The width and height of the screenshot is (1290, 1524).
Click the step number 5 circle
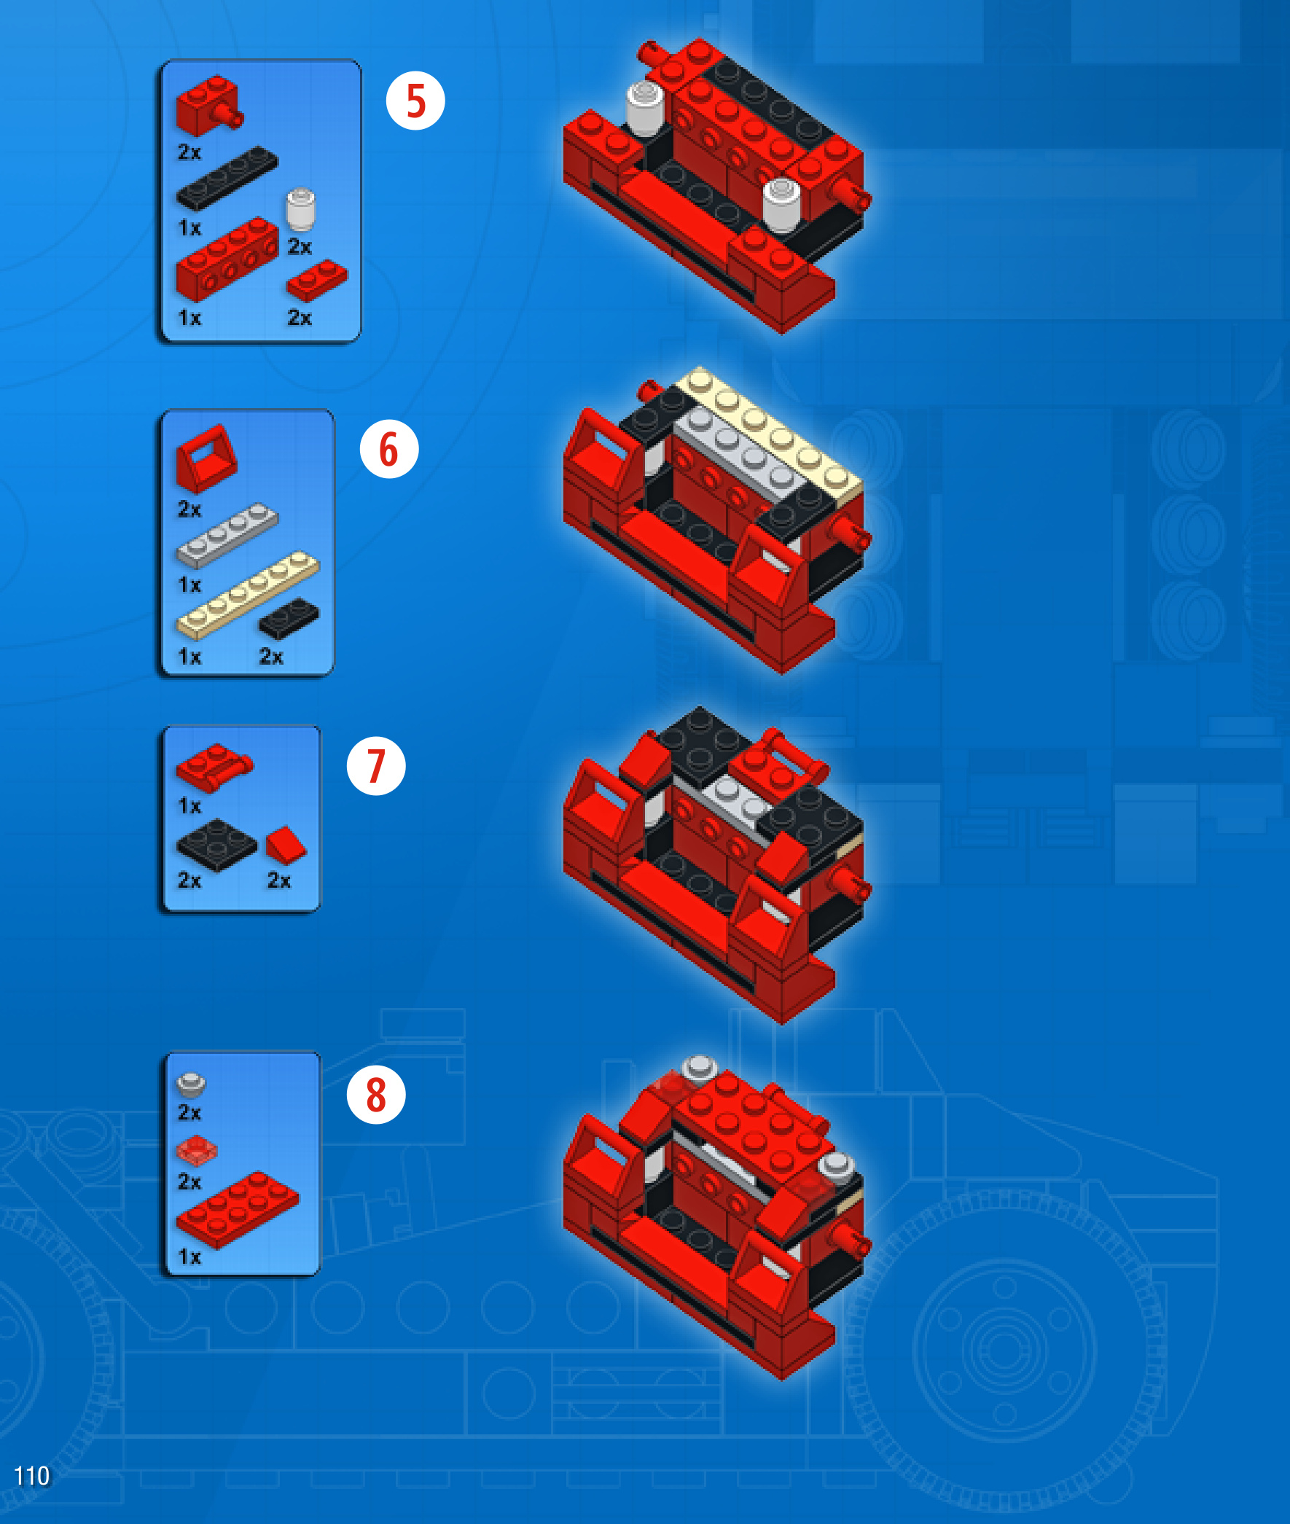click(415, 100)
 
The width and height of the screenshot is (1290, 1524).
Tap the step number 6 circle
click(389, 448)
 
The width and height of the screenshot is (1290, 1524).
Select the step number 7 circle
click(376, 766)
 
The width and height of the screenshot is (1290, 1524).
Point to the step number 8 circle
click(376, 1094)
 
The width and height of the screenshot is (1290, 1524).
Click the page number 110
click(32, 1475)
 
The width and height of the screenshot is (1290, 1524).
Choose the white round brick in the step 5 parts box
click(300, 210)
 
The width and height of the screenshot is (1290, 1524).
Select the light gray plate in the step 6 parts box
click(227, 535)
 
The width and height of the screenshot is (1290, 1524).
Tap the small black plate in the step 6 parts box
click(289, 618)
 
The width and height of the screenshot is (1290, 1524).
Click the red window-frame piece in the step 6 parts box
click(206, 458)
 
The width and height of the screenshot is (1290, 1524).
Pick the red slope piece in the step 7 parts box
click(286, 845)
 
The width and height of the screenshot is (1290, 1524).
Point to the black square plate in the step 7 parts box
click(216, 845)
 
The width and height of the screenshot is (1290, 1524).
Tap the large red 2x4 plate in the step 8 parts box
click(238, 1210)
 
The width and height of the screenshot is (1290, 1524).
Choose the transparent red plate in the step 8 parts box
click(197, 1151)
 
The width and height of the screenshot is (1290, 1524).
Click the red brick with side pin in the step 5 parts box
click(209, 106)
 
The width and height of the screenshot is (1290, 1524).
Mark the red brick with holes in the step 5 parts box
click(227, 259)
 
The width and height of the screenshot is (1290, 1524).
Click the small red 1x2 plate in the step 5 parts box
click(317, 280)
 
